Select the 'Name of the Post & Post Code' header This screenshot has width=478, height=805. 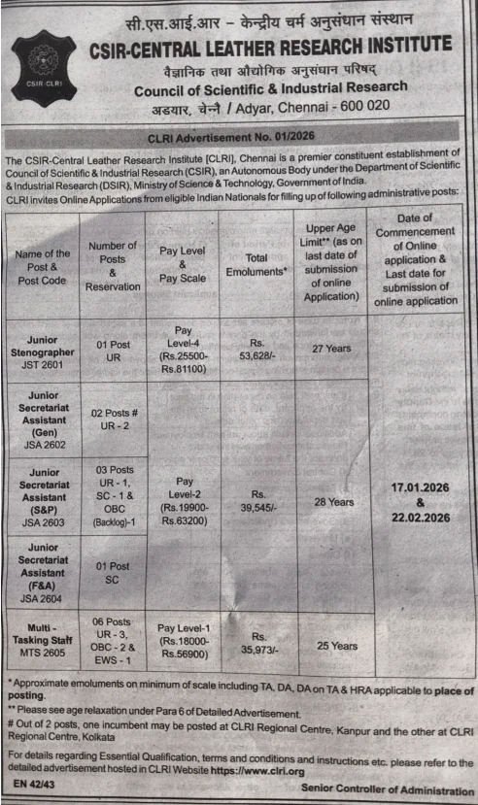click(43, 266)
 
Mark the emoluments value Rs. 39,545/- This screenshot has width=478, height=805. click(256, 500)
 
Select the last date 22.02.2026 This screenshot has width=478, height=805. click(420, 519)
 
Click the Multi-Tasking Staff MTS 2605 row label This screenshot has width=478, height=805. click(43, 641)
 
